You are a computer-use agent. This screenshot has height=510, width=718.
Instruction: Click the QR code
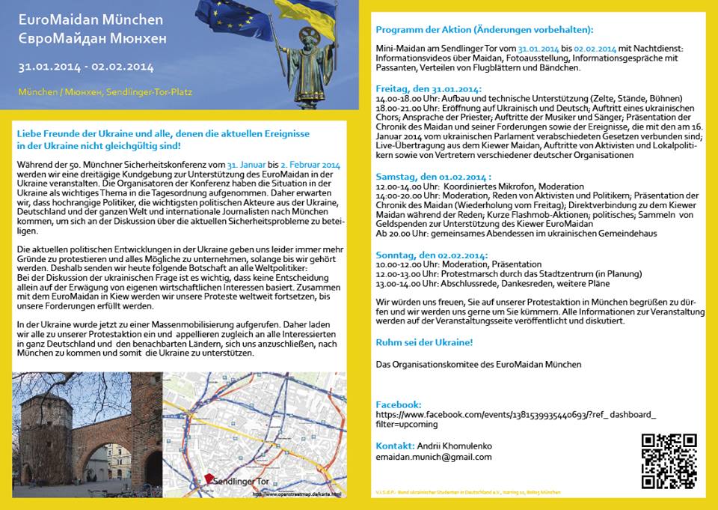pyautogui.click(x=669, y=461)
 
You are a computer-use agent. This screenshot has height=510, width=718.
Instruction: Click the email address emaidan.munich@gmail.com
pyautogui.click(x=434, y=457)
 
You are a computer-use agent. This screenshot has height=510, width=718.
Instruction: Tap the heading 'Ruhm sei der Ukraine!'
pyautogui.click(x=423, y=342)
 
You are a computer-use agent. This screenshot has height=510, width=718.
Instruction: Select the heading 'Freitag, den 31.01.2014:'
pyautogui.click(x=429, y=88)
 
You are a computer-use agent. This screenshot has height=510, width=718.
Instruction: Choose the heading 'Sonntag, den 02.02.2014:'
pyautogui.click(x=431, y=255)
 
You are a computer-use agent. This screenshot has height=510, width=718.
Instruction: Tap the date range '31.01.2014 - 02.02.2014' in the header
pyautogui.click(x=86, y=67)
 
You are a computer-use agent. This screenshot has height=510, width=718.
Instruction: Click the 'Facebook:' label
pyautogui.click(x=399, y=404)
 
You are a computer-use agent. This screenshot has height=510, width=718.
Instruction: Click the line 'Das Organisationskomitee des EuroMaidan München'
pyautogui.click(x=479, y=365)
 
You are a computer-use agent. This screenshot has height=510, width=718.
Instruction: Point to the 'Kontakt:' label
pyautogui.click(x=395, y=446)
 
